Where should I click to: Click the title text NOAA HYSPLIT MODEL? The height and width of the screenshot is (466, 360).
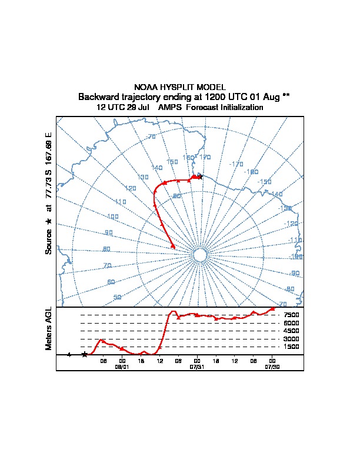click(180, 87)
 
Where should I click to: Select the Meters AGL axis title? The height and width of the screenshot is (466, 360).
click(49, 328)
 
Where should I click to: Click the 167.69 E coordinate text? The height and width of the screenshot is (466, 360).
click(49, 143)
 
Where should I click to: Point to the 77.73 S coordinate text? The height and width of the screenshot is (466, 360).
click(49, 184)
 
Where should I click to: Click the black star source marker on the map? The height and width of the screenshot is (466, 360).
click(200, 177)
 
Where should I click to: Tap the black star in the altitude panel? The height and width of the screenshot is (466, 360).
click(85, 354)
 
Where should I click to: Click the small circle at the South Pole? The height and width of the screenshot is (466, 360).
click(199, 255)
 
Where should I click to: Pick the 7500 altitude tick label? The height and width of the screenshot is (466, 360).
click(292, 315)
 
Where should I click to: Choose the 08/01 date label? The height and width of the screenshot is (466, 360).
click(122, 366)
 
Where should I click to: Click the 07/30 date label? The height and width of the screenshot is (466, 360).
click(272, 366)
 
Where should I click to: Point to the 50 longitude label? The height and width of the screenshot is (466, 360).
click(117, 297)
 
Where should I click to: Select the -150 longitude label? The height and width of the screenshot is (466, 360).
click(264, 182)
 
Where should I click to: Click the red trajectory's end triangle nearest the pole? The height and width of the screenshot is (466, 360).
click(173, 246)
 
